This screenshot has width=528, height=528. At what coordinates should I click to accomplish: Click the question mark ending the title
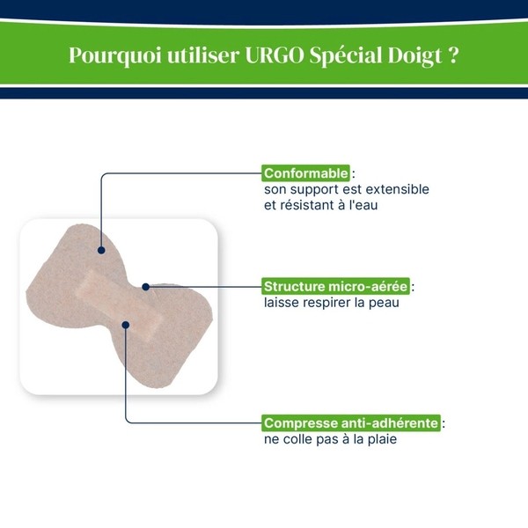tap(453, 55)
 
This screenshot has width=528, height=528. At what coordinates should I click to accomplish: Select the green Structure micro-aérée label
tap(337, 287)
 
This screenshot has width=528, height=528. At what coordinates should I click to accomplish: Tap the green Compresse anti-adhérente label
tap(351, 423)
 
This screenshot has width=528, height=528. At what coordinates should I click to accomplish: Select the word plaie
tap(379, 439)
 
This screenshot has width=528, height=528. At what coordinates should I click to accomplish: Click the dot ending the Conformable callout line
tap(101, 250)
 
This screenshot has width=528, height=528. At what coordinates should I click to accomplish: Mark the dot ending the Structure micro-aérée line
tap(146, 287)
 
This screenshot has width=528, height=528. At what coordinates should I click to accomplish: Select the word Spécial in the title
tap(346, 55)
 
